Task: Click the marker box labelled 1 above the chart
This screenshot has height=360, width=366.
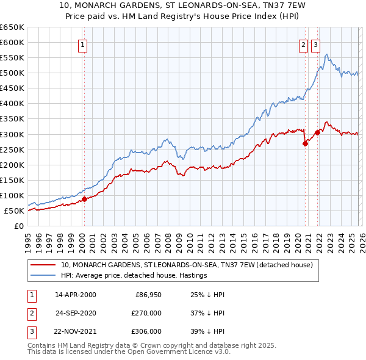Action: [x=82, y=44]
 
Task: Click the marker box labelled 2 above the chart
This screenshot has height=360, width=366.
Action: [x=303, y=44]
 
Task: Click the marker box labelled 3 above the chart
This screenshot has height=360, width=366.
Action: [x=315, y=44]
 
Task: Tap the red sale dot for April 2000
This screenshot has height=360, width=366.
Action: [x=84, y=199]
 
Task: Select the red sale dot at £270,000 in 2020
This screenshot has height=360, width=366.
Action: [x=305, y=144]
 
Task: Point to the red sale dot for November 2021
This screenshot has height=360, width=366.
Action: [x=317, y=132]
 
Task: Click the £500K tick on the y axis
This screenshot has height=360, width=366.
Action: [x=12, y=73]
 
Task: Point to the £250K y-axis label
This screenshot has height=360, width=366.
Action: [x=12, y=149]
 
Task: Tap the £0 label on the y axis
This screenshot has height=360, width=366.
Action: [x=19, y=226]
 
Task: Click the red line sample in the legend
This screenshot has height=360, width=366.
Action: [x=43, y=265]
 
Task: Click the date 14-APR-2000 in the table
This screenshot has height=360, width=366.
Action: [x=75, y=295]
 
